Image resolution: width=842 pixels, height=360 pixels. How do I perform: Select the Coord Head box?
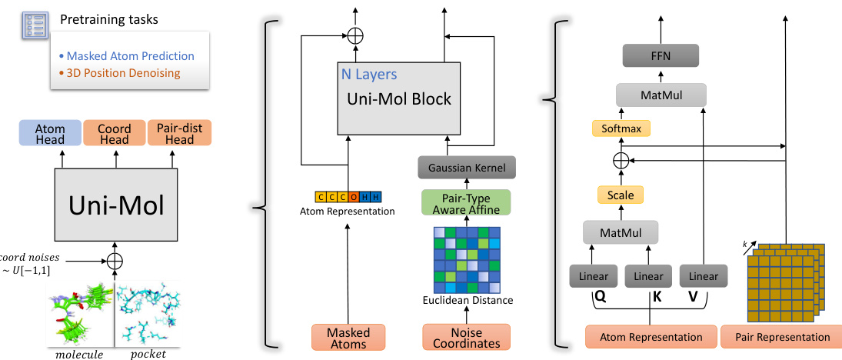114,134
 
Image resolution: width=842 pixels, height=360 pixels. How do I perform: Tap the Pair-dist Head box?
179,134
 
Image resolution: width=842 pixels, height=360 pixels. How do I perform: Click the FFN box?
660,56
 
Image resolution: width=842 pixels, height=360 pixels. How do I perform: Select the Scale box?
621,195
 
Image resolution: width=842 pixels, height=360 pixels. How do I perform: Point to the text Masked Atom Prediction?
131,56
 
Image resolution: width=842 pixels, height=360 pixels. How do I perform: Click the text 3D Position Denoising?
123,73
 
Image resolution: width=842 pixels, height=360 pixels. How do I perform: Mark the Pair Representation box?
780,337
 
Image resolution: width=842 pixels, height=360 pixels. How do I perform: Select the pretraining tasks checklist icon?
33,24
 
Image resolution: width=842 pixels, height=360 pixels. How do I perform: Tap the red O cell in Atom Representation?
353,197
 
